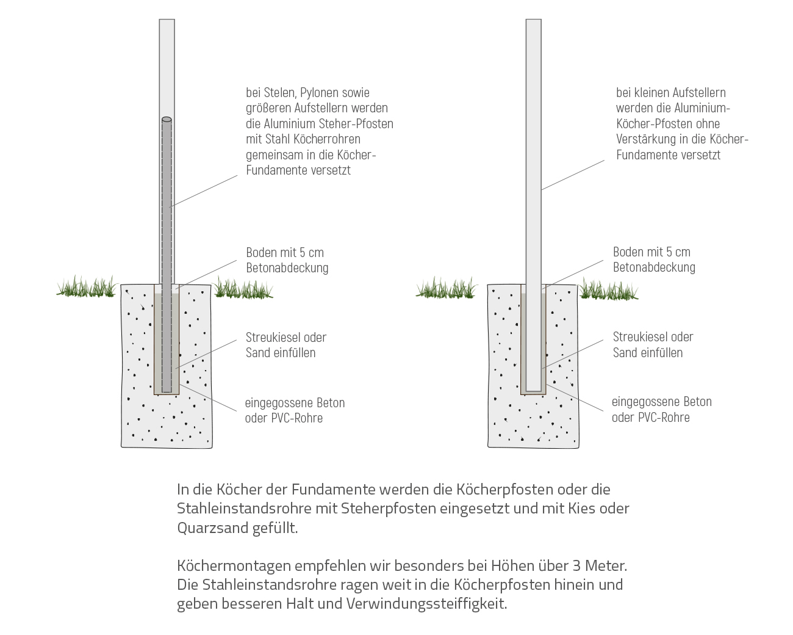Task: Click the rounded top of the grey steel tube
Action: pyautogui.click(x=167, y=120)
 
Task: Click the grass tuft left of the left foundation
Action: pyautogui.click(x=86, y=287)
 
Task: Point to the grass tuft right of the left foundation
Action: pyautogui.click(x=242, y=288)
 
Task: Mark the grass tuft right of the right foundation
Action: pyautogui.click(x=607, y=288)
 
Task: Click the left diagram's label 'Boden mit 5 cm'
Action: pyautogui.click(x=285, y=253)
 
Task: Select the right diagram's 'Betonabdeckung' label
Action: pyautogui.click(x=654, y=267)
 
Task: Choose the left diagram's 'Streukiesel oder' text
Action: pyautogui.click(x=286, y=338)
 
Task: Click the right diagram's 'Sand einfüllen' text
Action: pyautogui.click(x=647, y=353)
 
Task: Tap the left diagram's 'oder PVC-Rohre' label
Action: pyautogui.click(x=284, y=418)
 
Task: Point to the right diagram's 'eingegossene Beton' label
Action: pyautogui.click(x=661, y=402)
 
